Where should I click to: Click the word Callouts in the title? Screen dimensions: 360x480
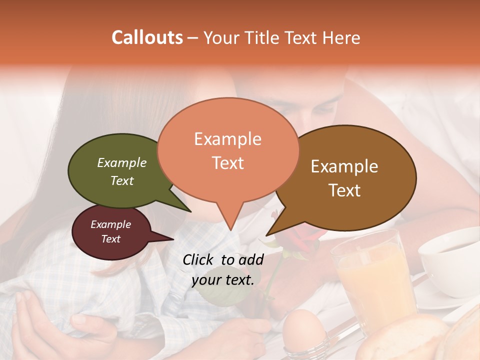[x=147, y=37]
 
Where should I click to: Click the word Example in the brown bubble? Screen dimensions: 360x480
[x=344, y=166]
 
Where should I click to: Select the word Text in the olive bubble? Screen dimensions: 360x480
[x=122, y=180]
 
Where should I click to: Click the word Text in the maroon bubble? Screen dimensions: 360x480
[x=110, y=239]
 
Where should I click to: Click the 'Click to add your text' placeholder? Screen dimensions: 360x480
[x=223, y=269]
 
